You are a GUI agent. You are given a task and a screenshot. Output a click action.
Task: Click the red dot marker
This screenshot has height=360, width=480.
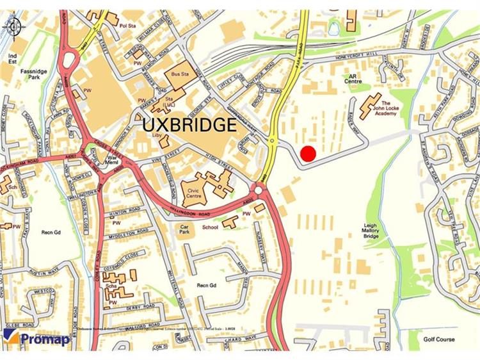point(308,154)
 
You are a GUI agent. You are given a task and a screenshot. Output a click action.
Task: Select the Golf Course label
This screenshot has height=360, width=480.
point(439,339)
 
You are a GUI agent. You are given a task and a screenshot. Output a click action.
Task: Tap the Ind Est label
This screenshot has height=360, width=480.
point(11,59)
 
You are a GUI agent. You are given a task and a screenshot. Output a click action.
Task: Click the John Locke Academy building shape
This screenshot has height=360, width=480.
point(370,105)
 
